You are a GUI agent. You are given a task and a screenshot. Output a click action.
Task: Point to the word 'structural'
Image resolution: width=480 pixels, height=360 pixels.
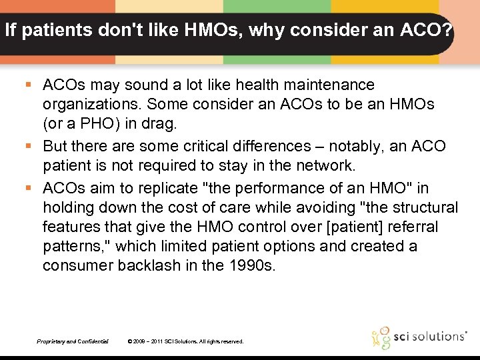click(425, 207)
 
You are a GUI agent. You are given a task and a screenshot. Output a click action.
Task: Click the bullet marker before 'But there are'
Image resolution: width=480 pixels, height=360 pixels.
click(29, 146)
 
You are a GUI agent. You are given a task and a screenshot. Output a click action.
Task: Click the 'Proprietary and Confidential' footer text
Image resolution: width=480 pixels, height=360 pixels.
click(73, 341)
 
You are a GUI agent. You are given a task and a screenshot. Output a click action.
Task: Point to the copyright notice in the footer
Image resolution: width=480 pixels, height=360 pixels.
click(185, 341)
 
